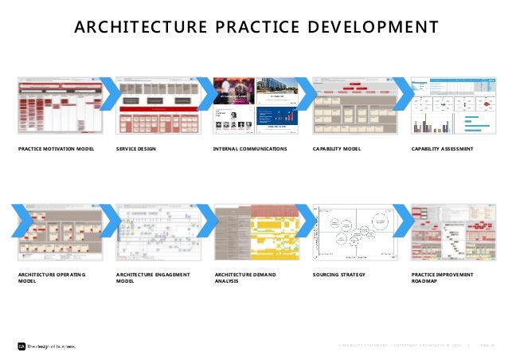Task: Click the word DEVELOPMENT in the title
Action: click(374, 28)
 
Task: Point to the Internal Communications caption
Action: click(250, 149)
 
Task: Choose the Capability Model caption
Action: click(338, 149)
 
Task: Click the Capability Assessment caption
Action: click(442, 149)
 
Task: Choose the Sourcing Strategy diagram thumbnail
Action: click(355, 231)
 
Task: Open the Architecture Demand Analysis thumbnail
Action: click(256, 231)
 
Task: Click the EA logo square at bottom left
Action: click(21, 346)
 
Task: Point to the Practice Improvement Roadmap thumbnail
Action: click(455, 231)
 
